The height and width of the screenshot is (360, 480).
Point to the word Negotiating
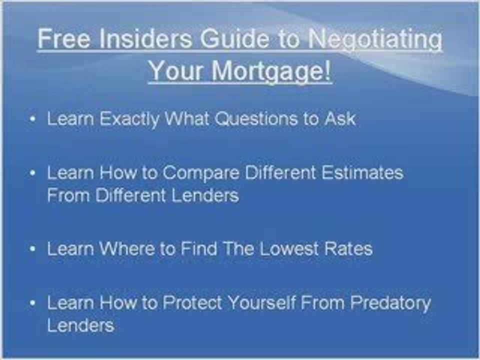coord(375,39)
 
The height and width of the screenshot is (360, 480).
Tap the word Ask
coord(340,119)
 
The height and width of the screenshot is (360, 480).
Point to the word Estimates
coord(362,173)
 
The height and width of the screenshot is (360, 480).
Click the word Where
coord(127,249)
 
